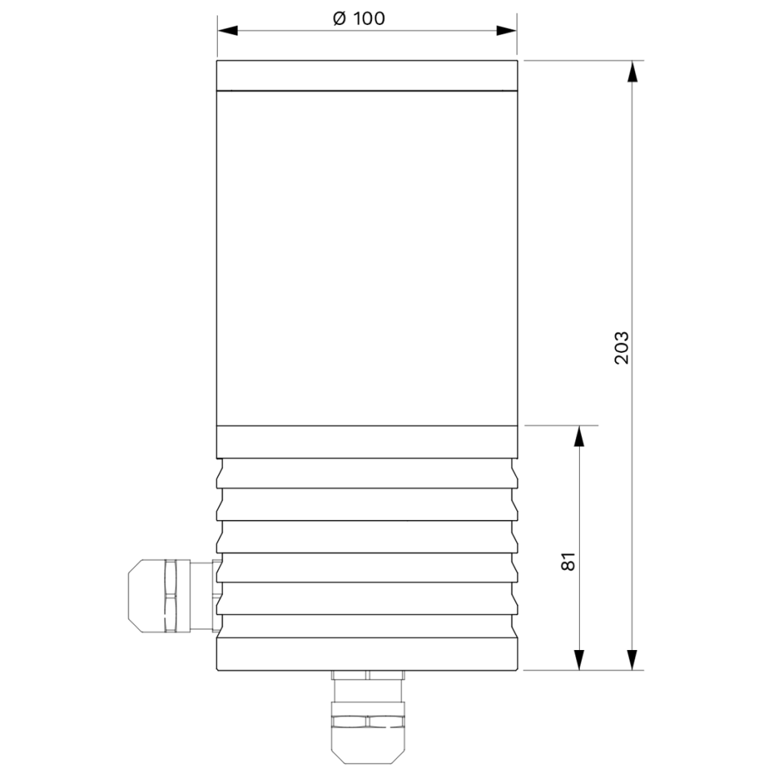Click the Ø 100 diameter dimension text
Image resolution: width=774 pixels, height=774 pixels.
(x=359, y=19)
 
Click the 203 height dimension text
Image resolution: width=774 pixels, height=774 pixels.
(x=622, y=348)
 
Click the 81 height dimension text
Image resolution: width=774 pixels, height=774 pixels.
(x=568, y=562)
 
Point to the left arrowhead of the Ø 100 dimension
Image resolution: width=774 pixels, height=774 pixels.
(x=228, y=30)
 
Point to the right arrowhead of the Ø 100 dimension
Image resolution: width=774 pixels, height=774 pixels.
(x=506, y=30)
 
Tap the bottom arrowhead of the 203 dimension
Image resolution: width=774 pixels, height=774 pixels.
(x=633, y=660)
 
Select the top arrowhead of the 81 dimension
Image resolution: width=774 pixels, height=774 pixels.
(x=580, y=435)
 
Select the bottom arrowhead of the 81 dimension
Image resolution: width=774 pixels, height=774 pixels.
(x=580, y=660)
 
